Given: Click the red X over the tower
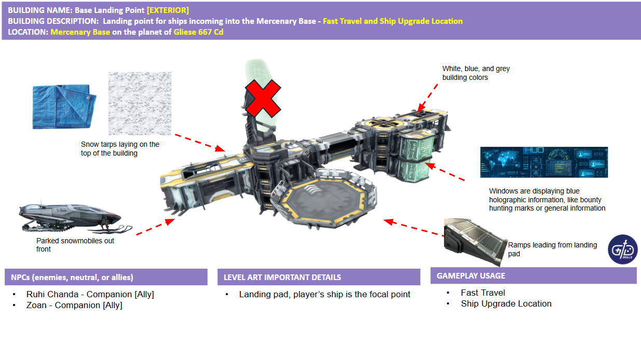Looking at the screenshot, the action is (263, 99).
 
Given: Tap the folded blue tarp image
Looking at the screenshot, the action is (64, 106).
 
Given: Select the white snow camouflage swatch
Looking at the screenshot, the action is (140, 103).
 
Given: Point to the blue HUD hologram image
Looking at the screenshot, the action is (544, 162).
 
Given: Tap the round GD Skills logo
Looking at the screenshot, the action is (622, 250).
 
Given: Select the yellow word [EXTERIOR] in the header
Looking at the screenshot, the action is (168, 10).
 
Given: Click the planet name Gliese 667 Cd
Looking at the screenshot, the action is (198, 32).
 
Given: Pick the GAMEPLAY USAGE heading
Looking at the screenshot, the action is (471, 275).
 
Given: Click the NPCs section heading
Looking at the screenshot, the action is (72, 277).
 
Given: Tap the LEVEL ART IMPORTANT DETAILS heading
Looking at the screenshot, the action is (282, 277).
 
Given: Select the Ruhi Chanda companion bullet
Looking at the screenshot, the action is (90, 294).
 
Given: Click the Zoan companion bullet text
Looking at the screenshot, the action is (74, 305).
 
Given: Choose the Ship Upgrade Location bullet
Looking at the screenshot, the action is (506, 303).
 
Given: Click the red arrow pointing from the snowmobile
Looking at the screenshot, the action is (156, 227).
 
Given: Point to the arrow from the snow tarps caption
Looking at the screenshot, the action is (200, 143).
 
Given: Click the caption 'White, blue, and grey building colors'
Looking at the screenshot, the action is (476, 73).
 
